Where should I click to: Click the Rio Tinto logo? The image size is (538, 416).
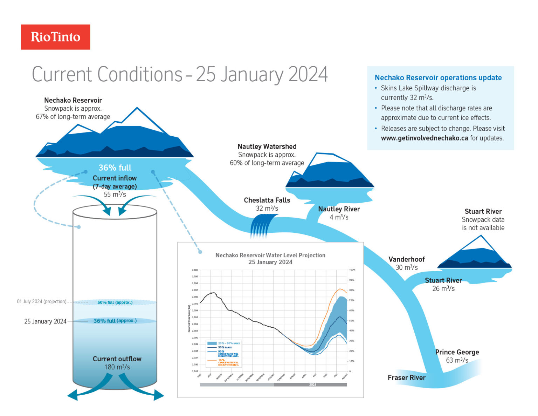[x=55, y=37]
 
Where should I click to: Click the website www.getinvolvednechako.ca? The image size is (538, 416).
[x=424, y=138]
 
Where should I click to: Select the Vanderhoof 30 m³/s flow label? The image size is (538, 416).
[x=406, y=267]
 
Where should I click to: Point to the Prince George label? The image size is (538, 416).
[x=457, y=352]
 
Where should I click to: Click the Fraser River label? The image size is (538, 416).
[x=406, y=377]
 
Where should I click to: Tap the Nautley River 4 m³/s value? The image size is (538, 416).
[x=339, y=217]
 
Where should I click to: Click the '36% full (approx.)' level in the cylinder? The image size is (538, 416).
[x=115, y=321]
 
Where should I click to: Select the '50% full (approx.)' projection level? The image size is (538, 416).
[x=115, y=302]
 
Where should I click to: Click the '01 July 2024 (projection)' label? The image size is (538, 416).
[x=41, y=301]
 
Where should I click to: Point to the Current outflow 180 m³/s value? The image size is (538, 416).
[x=117, y=367]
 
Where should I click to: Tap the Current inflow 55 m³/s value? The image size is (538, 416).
[x=115, y=195]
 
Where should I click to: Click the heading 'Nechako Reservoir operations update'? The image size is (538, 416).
[x=438, y=78]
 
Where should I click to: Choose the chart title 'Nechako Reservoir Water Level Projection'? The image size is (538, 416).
[x=270, y=255]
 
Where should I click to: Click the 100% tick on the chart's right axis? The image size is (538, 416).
[x=352, y=270]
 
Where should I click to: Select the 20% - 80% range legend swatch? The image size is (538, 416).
[x=212, y=343]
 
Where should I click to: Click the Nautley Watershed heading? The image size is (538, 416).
[x=267, y=146]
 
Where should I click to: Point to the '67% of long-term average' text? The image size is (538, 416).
[x=73, y=117]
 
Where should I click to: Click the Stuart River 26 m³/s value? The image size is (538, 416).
[x=443, y=289]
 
